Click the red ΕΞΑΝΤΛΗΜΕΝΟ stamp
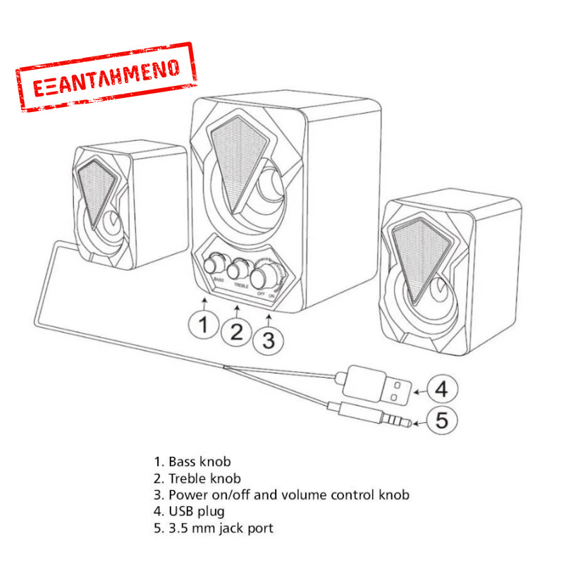pyautogui.click(x=105, y=78)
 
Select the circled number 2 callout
pyautogui.click(x=237, y=331)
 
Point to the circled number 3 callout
pyautogui.click(x=269, y=339)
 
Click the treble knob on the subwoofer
pyautogui.click(x=238, y=269)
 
